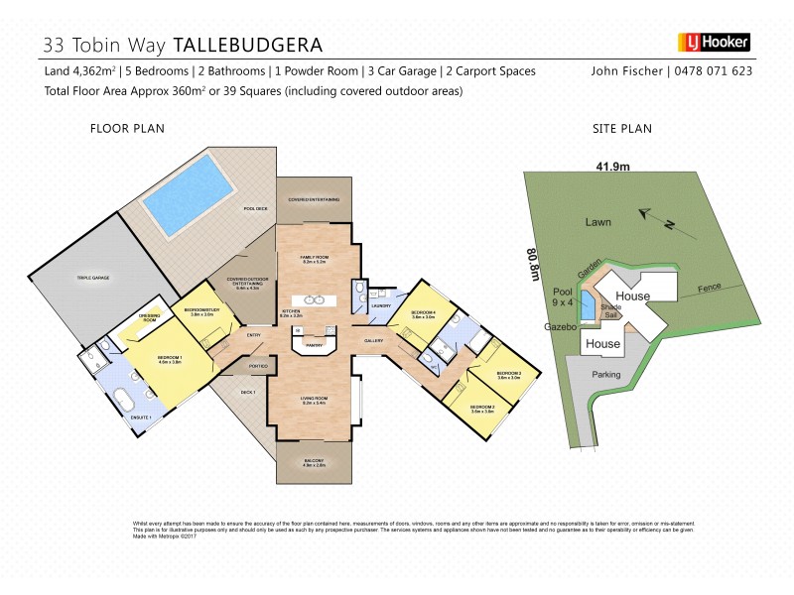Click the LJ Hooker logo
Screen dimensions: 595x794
(x=714, y=43)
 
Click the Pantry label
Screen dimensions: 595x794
(x=314, y=345)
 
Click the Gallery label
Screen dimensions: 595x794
(x=373, y=340)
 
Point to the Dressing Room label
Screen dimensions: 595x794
(x=149, y=318)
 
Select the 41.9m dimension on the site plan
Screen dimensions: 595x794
(x=612, y=166)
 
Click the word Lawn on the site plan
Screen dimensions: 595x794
(x=597, y=222)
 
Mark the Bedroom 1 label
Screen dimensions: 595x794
(x=169, y=357)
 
